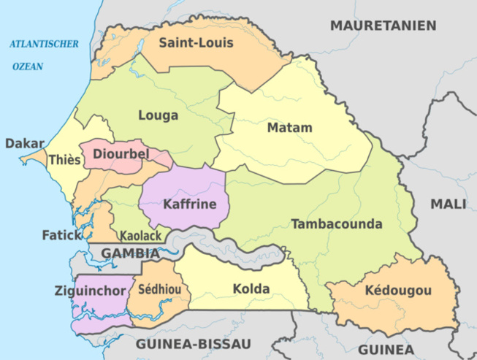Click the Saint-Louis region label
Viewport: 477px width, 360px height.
pos(196,43)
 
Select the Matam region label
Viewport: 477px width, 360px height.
pos(289,129)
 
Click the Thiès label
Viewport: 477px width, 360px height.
pos(64,159)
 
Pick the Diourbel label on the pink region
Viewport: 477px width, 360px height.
pos(121,154)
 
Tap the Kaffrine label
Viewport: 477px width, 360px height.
pos(190,204)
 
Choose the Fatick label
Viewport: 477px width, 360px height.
pos(61,236)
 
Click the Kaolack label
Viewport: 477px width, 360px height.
pos(141,237)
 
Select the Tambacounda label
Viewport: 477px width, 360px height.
pos(337,223)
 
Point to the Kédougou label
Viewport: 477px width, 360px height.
pos(398,291)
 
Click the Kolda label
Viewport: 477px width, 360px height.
pos(251,289)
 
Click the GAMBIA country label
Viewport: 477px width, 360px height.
pos(130,253)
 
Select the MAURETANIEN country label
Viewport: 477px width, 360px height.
pos(383,26)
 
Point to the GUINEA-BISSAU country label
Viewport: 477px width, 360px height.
pos(193,343)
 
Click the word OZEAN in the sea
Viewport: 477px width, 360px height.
pos(28,66)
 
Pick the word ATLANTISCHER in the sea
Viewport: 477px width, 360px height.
pos(44,45)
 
